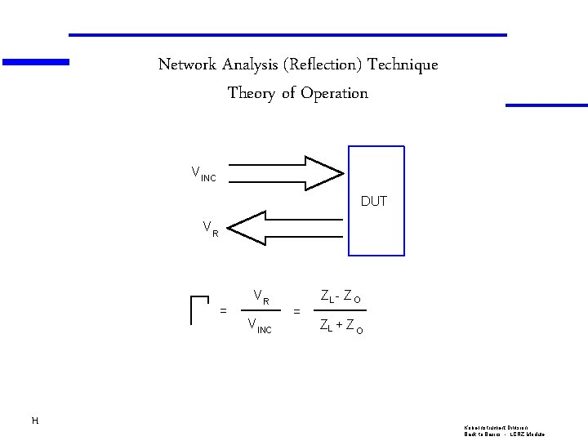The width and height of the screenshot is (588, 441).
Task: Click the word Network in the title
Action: click(x=188, y=65)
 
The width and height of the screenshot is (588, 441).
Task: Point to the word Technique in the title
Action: click(x=403, y=65)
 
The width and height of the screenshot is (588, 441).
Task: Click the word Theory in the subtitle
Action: click(x=252, y=93)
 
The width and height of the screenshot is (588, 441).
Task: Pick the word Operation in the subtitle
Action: click(x=334, y=93)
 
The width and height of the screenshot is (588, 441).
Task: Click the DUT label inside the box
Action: click(x=374, y=201)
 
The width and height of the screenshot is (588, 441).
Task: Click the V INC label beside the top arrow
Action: click(x=203, y=173)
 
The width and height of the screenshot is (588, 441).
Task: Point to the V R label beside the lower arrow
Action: click(x=211, y=229)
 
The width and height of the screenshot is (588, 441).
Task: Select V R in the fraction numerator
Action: click(x=261, y=296)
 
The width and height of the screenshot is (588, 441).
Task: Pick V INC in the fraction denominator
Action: click(x=259, y=327)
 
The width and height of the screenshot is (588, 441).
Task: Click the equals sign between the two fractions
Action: click(x=296, y=311)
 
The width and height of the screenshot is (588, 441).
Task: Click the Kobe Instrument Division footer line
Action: click(x=497, y=427)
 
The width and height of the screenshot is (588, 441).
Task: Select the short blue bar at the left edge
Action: click(x=36, y=61)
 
